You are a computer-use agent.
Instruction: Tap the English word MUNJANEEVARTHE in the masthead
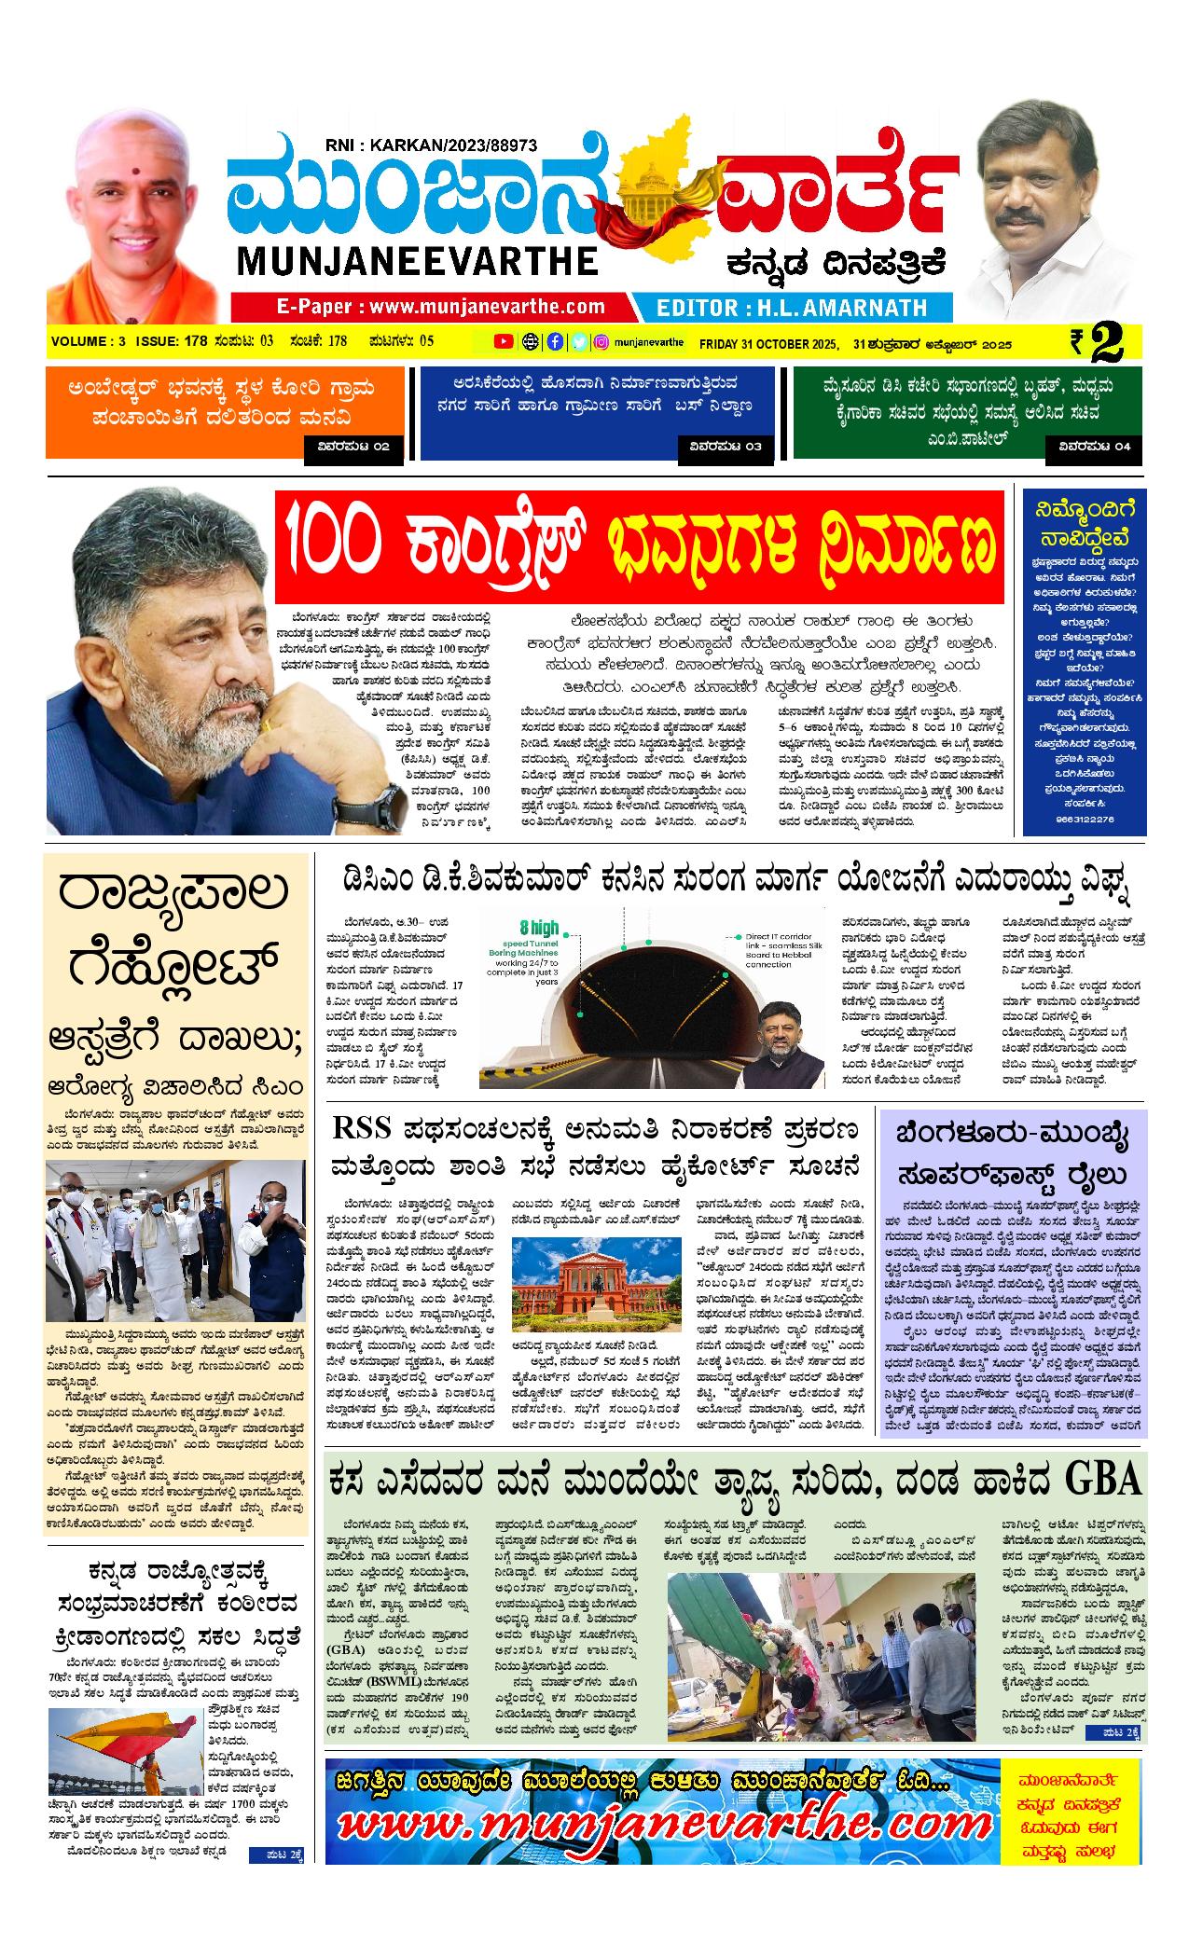417,261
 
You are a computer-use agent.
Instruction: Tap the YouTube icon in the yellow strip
503,342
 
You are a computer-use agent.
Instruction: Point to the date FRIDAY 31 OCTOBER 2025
768,343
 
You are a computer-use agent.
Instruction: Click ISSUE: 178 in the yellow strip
172,341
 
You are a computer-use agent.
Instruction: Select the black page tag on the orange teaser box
354,448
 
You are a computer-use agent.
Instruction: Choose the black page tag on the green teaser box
1094,448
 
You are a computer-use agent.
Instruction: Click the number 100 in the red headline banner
332,545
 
